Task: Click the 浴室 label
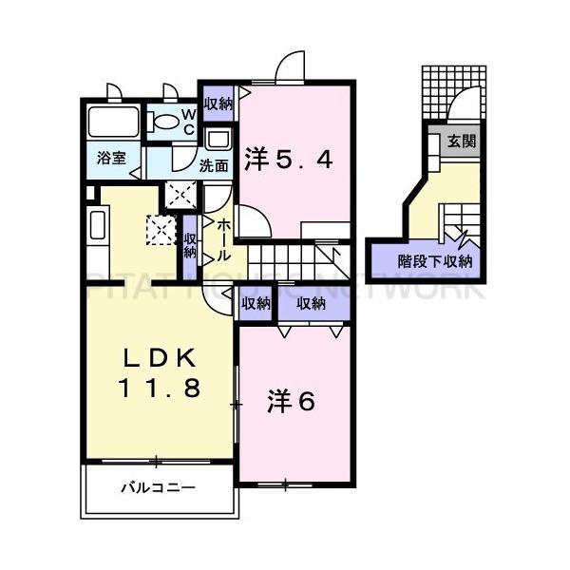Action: click(112, 159)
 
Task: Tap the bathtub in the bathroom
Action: click(113, 123)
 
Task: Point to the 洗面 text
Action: click(214, 164)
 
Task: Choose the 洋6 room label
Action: click(291, 402)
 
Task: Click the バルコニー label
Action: click(158, 489)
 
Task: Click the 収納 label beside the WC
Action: click(218, 104)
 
